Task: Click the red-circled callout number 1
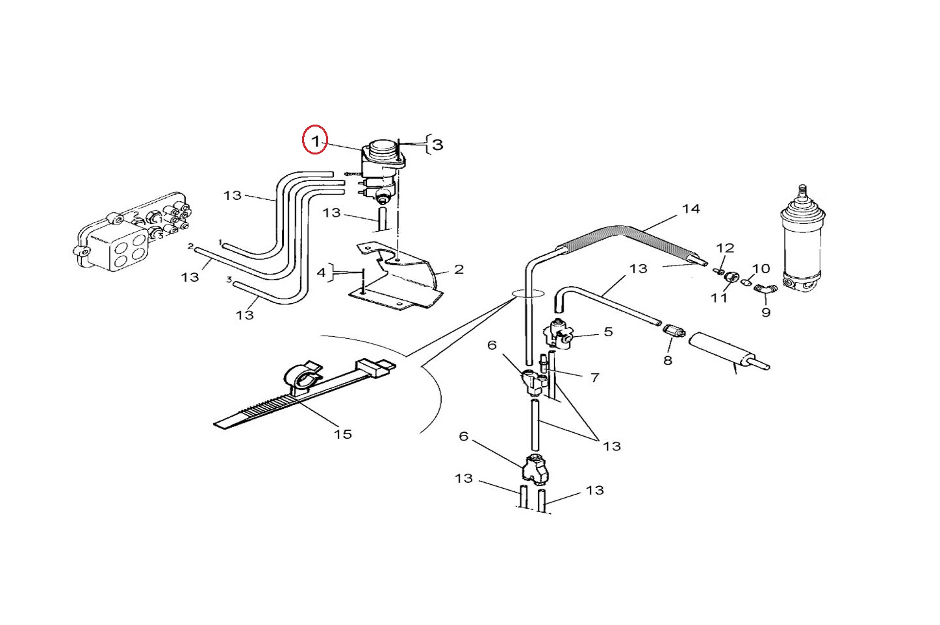point(315,140)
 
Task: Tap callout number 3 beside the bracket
point(438,144)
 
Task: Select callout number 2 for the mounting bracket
point(459,269)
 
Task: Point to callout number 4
point(321,273)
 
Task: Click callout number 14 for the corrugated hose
point(691,209)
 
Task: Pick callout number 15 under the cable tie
point(343,434)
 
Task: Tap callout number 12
point(725,248)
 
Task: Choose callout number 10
point(761,269)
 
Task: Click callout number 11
point(718,298)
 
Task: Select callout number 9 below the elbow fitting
point(766,312)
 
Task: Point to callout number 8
point(668,360)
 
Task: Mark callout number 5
point(608,332)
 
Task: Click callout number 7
point(594,377)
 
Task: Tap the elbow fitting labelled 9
point(766,289)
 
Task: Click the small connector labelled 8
point(675,333)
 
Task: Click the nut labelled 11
point(731,278)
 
